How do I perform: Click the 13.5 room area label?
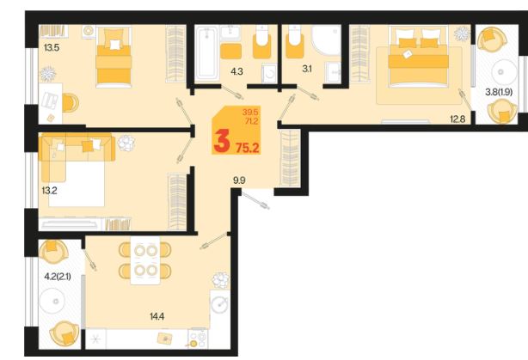(52, 48)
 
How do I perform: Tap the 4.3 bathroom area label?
(236, 71)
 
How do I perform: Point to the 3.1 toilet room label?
(307, 69)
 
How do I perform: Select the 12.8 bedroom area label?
(457, 119)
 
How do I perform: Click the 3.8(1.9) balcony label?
(499, 92)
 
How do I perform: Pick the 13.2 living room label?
(50, 191)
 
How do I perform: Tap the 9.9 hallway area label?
(239, 180)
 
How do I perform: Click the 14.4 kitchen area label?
(157, 316)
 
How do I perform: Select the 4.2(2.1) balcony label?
(58, 277)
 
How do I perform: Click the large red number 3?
(222, 141)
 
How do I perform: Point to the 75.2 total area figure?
(248, 148)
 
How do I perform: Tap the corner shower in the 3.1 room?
(326, 40)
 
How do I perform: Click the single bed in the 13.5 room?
(114, 58)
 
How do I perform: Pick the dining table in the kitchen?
(145, 260)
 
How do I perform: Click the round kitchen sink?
(219, 305)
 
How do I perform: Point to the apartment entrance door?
(255, 200)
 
